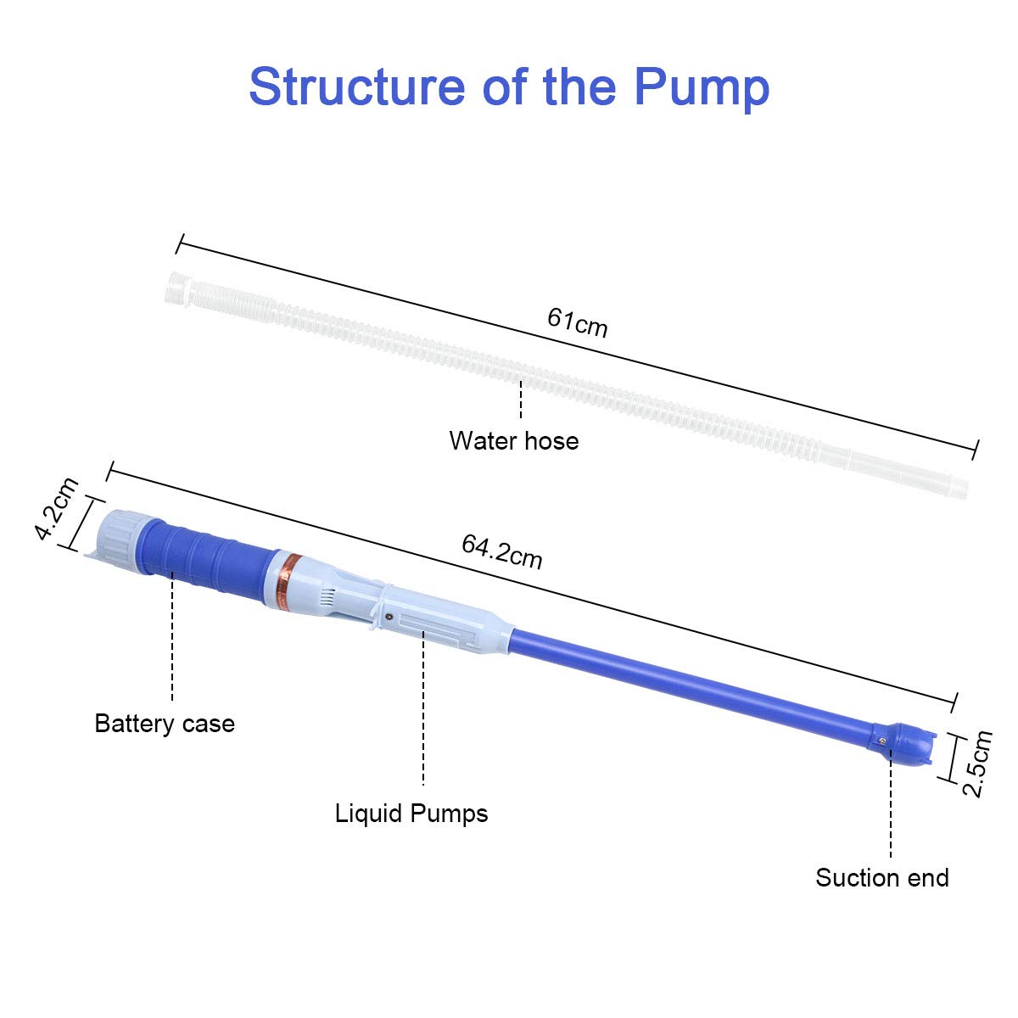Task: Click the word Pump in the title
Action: [x=701, y=87]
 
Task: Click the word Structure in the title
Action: [x=358, y=87]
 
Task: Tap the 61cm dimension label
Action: [x=577, y=322]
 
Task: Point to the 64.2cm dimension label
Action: [x=501, y=551]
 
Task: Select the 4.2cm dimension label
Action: [x=57, y=508]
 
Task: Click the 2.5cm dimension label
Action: [x=976, y=763]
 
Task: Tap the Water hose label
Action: [x=514, y=441]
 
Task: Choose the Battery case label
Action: [x=165, y=724]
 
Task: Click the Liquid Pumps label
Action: [x=411, y=814]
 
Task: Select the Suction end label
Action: [x=882, y=877]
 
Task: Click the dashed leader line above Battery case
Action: [x=172, y=636]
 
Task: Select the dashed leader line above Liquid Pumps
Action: [x=422, y=713]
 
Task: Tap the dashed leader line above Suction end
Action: [x=891, y=806]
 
